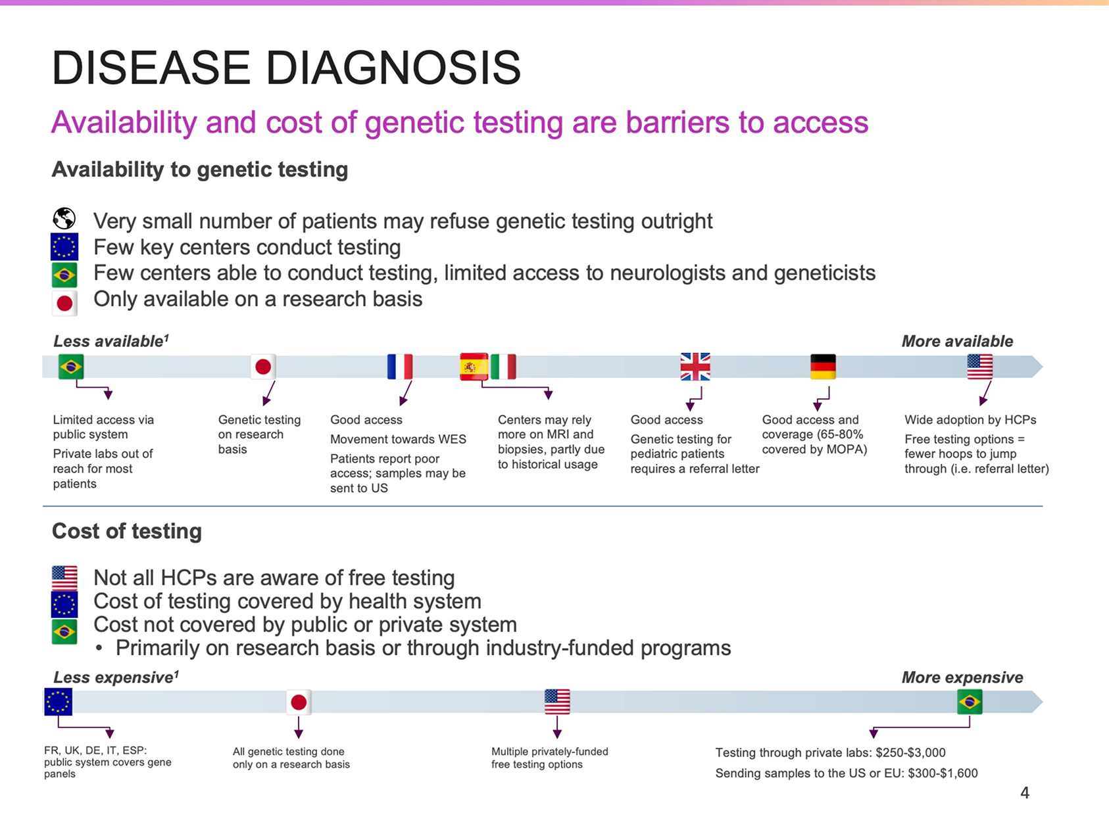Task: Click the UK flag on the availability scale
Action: coord(695,366)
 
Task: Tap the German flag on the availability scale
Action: coord(823,366)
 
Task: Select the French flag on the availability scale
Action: coord(400,366)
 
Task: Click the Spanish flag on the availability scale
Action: coord(474,366)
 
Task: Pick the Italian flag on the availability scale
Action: coord(503,366)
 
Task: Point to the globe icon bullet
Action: coord(64,218)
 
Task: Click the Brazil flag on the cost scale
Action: coord(970,702)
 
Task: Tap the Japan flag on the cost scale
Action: coord(299,702)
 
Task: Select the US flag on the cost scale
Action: coord(557,702)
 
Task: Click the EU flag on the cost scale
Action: coord(58,702)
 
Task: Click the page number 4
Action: coord(1024,793)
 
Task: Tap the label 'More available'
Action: coord(957,341)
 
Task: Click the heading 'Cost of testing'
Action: coord(127,531)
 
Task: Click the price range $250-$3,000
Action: coord(910,753)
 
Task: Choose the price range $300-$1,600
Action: coord(943,773)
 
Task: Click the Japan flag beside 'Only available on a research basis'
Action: coord(64,303)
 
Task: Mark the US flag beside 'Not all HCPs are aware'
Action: coord(64,578)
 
